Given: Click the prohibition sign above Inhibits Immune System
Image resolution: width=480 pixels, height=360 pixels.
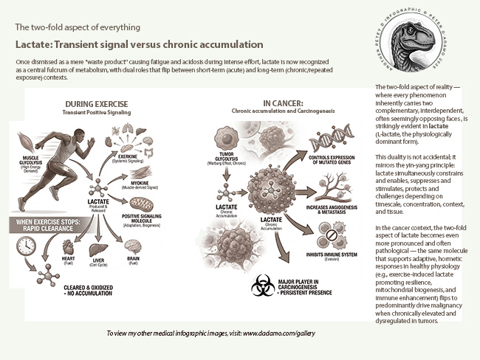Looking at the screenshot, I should click(332, 240).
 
